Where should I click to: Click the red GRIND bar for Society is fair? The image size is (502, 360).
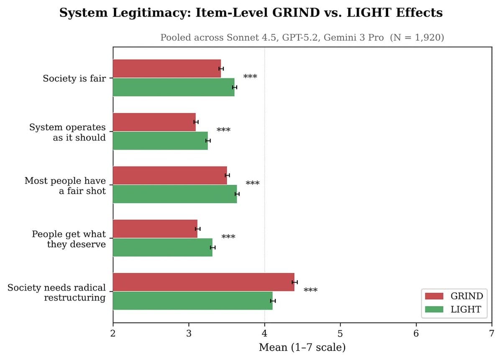click(166, 69)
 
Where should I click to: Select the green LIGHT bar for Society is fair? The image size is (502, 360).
click(173, 87)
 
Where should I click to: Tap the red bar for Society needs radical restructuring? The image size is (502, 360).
click(203, 282)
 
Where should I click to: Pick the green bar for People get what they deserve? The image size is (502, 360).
click(162, 248)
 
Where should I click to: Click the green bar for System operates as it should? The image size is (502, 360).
click(160, 140)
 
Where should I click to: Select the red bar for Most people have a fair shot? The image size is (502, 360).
click(169, 175)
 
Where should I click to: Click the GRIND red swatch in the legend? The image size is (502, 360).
click(434, 296)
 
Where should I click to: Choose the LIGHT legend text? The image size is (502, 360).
click(466, 309)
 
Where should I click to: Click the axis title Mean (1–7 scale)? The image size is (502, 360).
click(302, 347)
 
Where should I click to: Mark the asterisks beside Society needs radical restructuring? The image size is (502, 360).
click(310, 290)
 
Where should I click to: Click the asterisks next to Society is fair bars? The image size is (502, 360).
click(250, 77)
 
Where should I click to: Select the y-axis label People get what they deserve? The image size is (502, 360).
click(69, 239)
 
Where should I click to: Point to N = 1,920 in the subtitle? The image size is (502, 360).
click(417, 38)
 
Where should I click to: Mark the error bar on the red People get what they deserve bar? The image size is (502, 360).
click(197, 229)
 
